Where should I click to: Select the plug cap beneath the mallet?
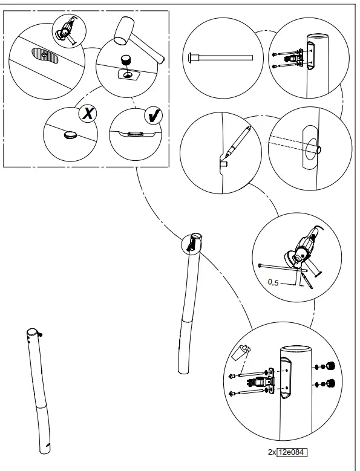(x=128, y=60)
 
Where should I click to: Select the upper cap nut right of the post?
(x=330, y=365)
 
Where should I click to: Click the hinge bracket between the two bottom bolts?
(x=261, y=382)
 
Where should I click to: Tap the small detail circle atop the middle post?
(x=192, y=242)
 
